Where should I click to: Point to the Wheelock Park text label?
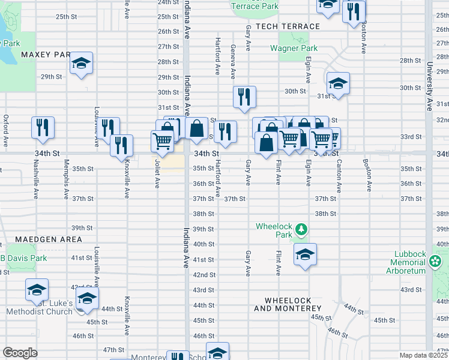coord(274,230)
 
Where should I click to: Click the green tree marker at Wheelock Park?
coord(301,229)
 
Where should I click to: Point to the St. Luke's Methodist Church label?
coord(40,307)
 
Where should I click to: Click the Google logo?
coord(20,353)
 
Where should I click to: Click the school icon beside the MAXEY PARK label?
coord(81,63)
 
